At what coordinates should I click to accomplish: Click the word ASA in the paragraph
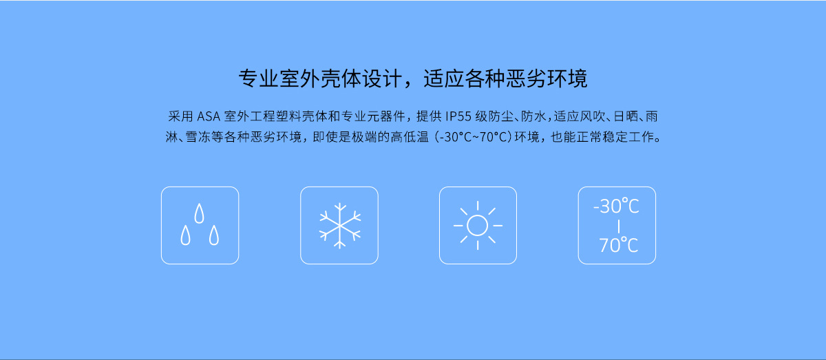pos(209,116)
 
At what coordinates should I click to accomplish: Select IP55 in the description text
pos(458,116)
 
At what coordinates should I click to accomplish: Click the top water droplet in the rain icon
pos(199,213)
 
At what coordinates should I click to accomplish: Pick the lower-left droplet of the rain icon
pos(185,235)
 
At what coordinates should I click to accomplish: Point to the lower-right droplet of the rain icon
pos(214,235)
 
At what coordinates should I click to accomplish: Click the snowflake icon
pos(339,225)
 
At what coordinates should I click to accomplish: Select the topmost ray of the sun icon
pos(478,206)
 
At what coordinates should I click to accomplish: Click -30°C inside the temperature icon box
pos(616,207)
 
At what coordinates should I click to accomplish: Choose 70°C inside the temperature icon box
pos(618,245)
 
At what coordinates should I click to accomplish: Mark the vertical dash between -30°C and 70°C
pos(618,226)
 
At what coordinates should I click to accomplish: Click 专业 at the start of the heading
pos(259,78)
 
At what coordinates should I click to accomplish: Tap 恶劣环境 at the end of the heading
pos(547,78)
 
